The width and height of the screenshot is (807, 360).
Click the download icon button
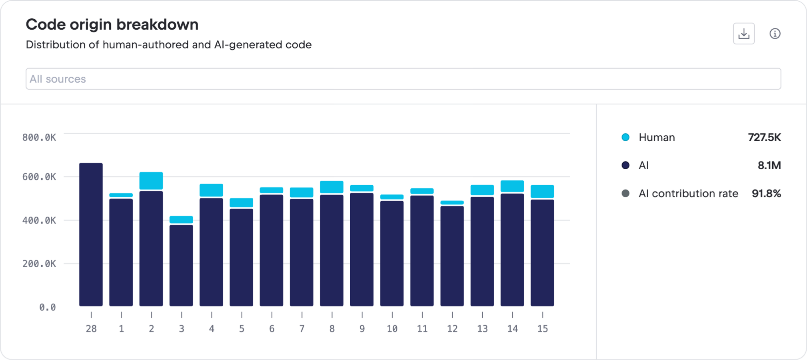[x=743, y=34]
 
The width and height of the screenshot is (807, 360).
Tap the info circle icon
[x=775, y=34]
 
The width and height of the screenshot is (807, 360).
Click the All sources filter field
[x=403, y=79]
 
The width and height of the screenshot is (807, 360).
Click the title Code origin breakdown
[x=112, y=24]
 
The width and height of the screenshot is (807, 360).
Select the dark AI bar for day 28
[x=91, y=234]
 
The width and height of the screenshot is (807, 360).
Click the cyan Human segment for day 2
[x=151, y=181]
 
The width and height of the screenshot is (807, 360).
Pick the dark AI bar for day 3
[x=181, y=265]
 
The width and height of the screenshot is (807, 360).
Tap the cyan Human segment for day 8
[x=332, y=187]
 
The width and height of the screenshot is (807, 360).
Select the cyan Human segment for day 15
[x=542, y=192]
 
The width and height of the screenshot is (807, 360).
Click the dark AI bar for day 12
[x=452, y=256]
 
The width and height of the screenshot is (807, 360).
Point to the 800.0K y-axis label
[x=39, y=138]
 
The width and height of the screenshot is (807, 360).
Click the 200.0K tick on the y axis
[x=39, y=264]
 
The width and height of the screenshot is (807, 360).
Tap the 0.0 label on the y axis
[x=47, y=307]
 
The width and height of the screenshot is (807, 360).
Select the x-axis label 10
[x=392, y=329]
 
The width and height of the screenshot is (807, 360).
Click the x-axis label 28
[x=91, y=329]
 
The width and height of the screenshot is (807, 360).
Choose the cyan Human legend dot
[x=625, y=137]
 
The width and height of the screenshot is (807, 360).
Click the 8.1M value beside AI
[x=769, y=165]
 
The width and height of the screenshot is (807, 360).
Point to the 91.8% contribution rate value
[x=766, y=194]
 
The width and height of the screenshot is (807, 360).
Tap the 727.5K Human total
[x=764, y=137]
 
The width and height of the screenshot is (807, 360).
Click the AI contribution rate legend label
[x=688, y=194]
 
